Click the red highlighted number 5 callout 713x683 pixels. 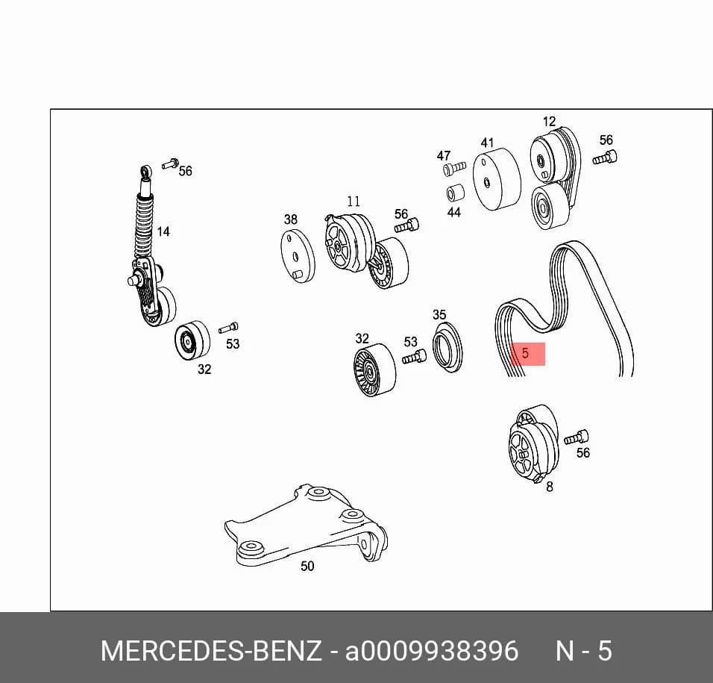[527, 354]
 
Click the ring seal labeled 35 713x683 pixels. [447, 347]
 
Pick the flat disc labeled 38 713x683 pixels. [298, 256]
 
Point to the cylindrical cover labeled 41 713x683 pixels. [497, 179]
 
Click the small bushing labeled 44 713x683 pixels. [455, 193]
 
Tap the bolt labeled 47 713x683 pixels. [454, 169]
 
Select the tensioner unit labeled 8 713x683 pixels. [534, 443]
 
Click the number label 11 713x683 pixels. [354, 201]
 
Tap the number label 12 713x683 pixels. [550, 122]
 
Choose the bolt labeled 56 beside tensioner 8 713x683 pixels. [576, 437]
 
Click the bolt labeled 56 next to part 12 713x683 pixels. [605, 158]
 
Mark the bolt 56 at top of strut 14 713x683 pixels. [171, 163]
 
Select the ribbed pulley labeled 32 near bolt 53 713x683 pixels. [374, 370]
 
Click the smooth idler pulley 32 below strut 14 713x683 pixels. [192, 340]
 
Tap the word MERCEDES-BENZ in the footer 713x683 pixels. [211, 651]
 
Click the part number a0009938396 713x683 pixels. [432, 651]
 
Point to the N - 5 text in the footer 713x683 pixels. [584, 651]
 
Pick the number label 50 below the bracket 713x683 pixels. [307, 566]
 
